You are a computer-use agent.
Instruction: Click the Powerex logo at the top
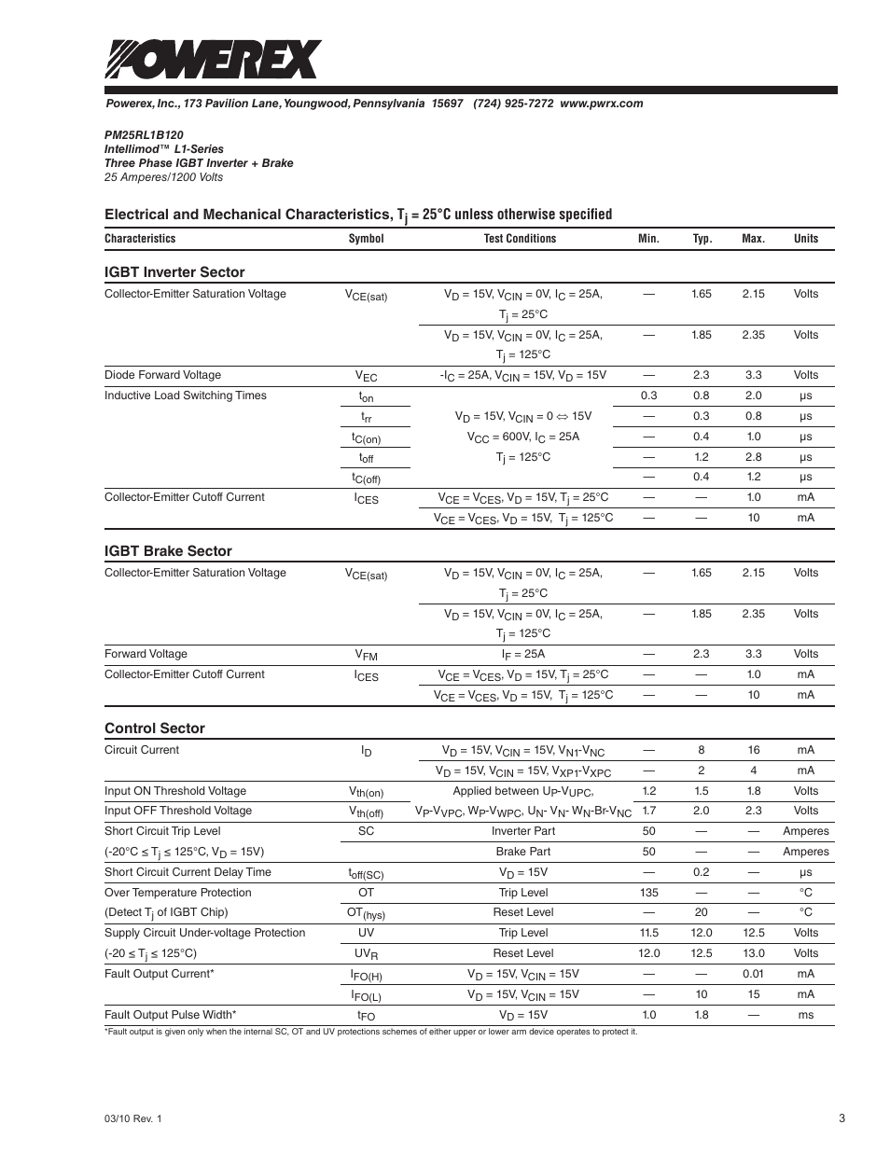(x=213, y=60)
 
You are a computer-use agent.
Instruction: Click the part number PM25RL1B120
(x=144, y=134)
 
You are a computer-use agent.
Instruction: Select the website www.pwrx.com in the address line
(x=601, y=104)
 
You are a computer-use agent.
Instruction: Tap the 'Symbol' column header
(x=366, y=239)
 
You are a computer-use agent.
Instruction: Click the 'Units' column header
(x=805, y=239)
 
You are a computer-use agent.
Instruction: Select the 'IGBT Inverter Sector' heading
(x=174, y=272)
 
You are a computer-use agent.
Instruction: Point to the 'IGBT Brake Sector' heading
(x=168, y=551)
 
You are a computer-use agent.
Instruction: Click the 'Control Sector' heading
(x=154, y=729)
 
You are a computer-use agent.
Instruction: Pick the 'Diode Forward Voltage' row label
(x=162, y=375)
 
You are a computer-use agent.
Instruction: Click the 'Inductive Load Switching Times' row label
(x=185, y=396)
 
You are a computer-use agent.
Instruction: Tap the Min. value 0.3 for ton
(x=648, y=396)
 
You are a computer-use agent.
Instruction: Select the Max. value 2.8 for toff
(x=753, y=457)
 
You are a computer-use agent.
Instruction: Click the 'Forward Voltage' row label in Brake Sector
(x=146, y=654)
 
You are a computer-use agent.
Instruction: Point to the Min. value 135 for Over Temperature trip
(x=648, y=893)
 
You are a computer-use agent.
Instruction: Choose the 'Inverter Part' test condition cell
(x=522, y=831)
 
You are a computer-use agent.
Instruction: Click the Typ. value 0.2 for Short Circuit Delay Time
(x=701, y=872)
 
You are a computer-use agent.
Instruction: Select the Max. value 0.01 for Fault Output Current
(x=753, y=974)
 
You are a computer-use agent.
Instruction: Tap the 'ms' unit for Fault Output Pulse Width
(x=805, y=1015)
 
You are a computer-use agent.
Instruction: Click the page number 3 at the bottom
(x=841, y=1118)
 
